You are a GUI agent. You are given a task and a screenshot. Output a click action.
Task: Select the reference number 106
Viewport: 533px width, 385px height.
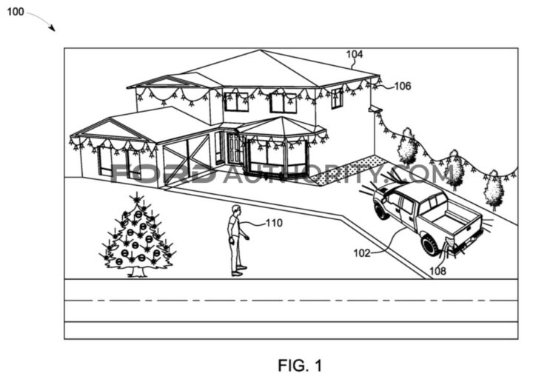[402, 86]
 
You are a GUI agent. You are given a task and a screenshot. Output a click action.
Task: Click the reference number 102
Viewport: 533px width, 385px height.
[362, 252]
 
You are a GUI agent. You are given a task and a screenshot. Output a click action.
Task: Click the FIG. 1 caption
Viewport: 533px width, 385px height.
[300, 365]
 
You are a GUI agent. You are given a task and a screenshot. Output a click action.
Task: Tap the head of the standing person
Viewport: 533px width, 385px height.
[235, 211]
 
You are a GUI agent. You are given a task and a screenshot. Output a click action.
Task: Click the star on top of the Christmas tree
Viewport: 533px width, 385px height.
[135, 198]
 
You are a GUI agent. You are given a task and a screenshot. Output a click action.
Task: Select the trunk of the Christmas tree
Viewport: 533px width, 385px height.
[137, 272]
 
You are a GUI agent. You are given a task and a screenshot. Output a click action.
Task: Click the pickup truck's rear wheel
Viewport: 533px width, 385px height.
[430, 243]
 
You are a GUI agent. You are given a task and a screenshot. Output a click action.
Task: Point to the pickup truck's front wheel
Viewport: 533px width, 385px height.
[382, 210]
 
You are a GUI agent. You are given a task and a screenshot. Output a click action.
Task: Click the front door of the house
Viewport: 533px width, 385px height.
[235, 150]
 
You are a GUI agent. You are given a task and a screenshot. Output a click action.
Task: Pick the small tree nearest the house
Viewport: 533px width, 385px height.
[406, 148]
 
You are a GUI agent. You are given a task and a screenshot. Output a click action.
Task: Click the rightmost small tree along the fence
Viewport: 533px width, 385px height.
[494, 192]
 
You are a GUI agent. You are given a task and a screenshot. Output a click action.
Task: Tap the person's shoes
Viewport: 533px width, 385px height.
[237, 272]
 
